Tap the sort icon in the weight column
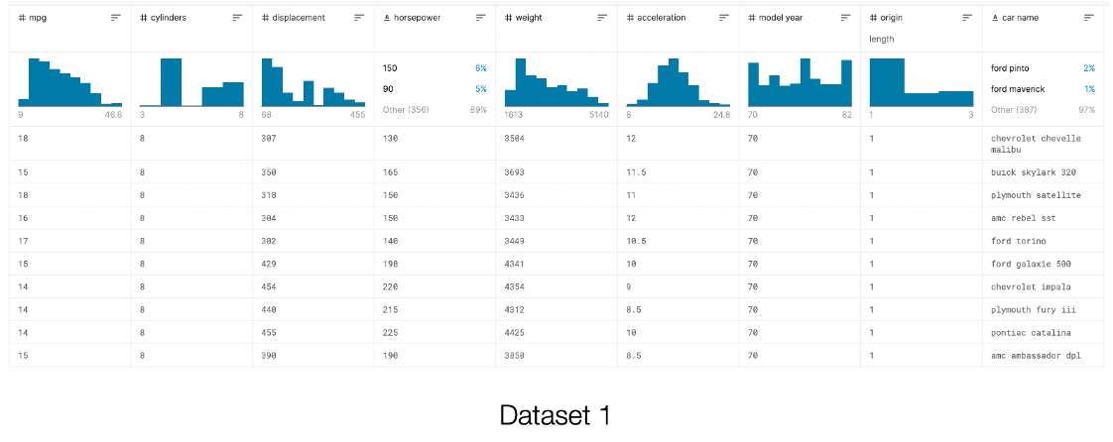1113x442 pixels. (x=602, y=18)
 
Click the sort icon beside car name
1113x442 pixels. (x=1088, y=18)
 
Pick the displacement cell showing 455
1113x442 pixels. (x=271, y=332)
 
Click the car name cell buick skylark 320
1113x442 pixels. (x=1034, y=172)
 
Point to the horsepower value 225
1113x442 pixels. (x=391, y=332)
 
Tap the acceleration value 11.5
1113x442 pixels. (x=637, y=172)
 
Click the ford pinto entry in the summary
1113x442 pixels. (x=1017, y=67)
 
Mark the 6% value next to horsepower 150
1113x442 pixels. (x=481, y=67)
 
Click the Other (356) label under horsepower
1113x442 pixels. (x=408, y=109)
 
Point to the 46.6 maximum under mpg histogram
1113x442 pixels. (x=112, y=115)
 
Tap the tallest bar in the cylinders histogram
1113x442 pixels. (x=171, y=82)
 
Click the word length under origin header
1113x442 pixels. (x=882, y=39)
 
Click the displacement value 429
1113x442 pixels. (x=271, y=264)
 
